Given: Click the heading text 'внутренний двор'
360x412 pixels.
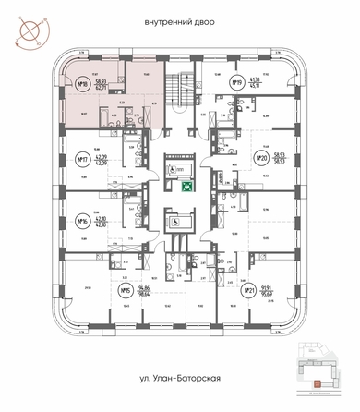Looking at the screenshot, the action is [x=180, y=20].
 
